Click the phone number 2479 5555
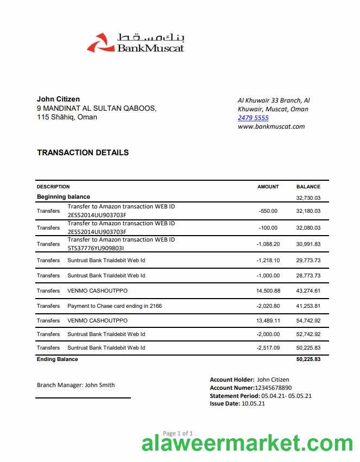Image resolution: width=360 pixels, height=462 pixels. click(253, 118)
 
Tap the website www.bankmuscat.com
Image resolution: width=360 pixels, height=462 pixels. click(271, 126)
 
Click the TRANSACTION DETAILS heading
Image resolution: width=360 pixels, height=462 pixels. click(83, 153)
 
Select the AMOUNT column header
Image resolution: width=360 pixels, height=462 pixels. click(268, 187)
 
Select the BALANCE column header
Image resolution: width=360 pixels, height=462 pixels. click(308, 187)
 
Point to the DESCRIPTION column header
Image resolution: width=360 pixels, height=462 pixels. click(53, 187)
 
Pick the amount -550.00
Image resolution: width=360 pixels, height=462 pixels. click(268, 211)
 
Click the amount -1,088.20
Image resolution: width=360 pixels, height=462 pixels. click(268, 244)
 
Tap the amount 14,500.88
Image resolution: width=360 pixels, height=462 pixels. click(268, 291)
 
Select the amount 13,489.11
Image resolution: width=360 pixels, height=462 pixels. click(268, 321)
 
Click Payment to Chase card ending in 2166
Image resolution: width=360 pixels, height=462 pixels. click(115, 306)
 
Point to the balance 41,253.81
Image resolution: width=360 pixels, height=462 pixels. click(308, 306)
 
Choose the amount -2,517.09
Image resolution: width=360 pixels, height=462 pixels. click(268, 348)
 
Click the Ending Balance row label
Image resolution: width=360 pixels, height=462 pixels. click(57, 359)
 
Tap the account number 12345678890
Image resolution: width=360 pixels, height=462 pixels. click(273, 388)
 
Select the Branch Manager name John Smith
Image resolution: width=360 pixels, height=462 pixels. click(100, 385)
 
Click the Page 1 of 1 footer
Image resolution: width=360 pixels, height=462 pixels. click(178, 433)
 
